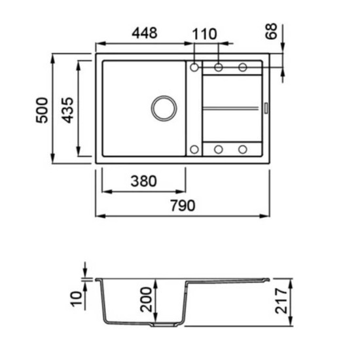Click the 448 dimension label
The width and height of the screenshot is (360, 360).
[145, 33]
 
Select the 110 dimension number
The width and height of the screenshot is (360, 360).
[204, 34]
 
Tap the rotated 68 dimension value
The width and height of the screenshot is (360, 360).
[271, 31]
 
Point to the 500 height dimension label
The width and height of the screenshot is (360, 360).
[43, 111]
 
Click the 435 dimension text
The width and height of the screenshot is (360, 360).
[67, 111]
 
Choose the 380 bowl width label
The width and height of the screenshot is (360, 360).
[144, 181]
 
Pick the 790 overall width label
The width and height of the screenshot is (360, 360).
[183, 206]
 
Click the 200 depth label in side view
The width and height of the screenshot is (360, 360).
[146, 299]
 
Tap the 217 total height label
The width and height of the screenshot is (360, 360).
[281, 301]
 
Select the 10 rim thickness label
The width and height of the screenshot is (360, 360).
[76, 298]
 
